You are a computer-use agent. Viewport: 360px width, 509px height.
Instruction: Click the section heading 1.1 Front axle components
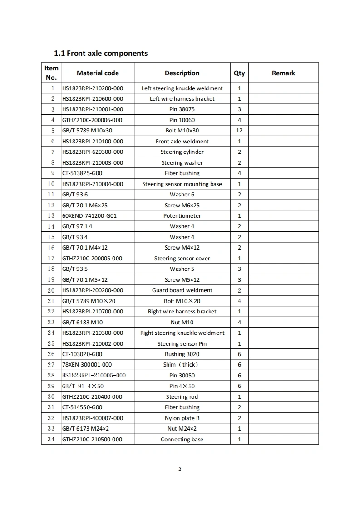pyautogui.click(x=101, y=53)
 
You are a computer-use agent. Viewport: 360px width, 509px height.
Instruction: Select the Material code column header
pyautogui.click(x=98, y=73)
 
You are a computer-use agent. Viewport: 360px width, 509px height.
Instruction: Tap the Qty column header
pyautogui.click(x=239, y=73)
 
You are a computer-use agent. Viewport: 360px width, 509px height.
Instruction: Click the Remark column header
pyautogui.click(x=283, y=73)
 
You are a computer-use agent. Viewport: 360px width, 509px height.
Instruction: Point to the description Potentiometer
pyautogui.click(x=182, y=216)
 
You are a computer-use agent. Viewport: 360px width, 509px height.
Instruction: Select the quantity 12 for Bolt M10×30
pyautogui.click(x=239, y=131)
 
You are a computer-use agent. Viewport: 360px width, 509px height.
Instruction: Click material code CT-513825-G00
pyautogui.click(x=83, y=173)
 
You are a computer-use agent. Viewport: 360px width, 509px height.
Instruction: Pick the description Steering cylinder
pyautogui.click(x=182, y=152)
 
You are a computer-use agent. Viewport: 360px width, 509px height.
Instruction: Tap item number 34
pyautogui.click(x=51, y=440)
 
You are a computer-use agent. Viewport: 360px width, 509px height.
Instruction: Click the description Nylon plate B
pyautogui.click(x=182, y=418)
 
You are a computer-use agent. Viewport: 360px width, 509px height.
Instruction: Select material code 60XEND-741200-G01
pyautogui.click(x=89, y=216)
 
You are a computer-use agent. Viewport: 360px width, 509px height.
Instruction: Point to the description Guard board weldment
pyautogui.click(x=182, y=290)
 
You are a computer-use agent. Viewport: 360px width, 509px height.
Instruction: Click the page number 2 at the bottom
pyautogui.click(x=180, y=469)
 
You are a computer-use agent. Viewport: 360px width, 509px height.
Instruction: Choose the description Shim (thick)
pyautogui.click(x=181, y=365)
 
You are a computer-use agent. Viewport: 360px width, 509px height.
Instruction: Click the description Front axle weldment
pyautogui.click(x=182, y=142)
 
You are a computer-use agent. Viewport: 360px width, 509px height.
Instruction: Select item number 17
pyautogui.click(x=51, y=259)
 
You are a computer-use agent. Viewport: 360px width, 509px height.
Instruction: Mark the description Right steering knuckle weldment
pyautogui.click(x=182, y=333)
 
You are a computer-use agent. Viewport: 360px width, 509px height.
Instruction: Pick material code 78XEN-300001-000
pyautogui.click(x=87, y=365)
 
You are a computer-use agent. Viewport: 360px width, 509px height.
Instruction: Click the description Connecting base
pyautogui.click(x=182, y=440)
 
